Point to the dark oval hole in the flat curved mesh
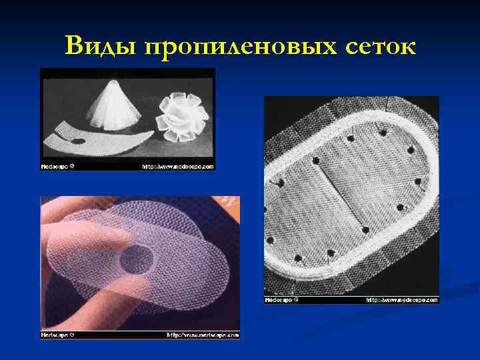click(79, 141)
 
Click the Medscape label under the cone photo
click(57, 166)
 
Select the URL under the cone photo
click(177, 166)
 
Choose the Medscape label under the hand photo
click(57, 335)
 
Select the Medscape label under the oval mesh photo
click(281, 300)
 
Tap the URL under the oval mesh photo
click(401, 300)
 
